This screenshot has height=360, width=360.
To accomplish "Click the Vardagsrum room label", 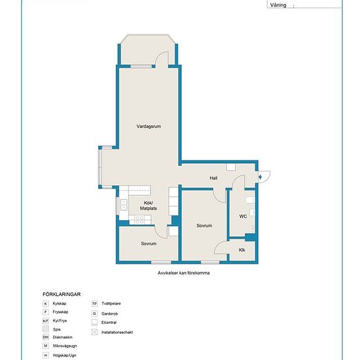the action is [x=149, y=126].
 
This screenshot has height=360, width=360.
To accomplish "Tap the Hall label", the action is [x=213, y=178].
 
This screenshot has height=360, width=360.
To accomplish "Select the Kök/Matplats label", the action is [x=149, y=206].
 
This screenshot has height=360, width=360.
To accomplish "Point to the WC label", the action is [x=243, y=216].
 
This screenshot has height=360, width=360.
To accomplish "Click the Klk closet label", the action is [x=242, y=250].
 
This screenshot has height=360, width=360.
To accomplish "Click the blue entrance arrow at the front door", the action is [x=260, y=177].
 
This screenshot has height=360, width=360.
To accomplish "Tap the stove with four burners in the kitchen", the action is [x=139, y=220].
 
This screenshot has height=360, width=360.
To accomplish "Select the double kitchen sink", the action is [x=124, y=205].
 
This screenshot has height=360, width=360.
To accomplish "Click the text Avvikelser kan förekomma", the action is [x=183, y=273].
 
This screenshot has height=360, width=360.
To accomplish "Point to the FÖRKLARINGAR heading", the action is [x=62, y=295].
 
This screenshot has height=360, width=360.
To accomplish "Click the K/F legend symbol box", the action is [x=46, y=321].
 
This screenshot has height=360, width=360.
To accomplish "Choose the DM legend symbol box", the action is [x=46, y=337].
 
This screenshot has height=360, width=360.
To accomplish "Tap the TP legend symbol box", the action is [x=94, y=304].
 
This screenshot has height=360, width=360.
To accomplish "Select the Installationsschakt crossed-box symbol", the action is [x=94, y=332].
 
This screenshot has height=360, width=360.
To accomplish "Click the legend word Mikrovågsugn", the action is [x=65, y=346].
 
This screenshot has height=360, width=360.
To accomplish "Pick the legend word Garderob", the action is [x=109, y=314].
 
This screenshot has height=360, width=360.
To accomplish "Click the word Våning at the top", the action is [x=278, y=5].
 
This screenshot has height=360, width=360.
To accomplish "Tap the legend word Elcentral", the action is [x=109, y=322].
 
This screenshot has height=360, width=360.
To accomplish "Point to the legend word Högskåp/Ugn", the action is [x=65, y=355].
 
